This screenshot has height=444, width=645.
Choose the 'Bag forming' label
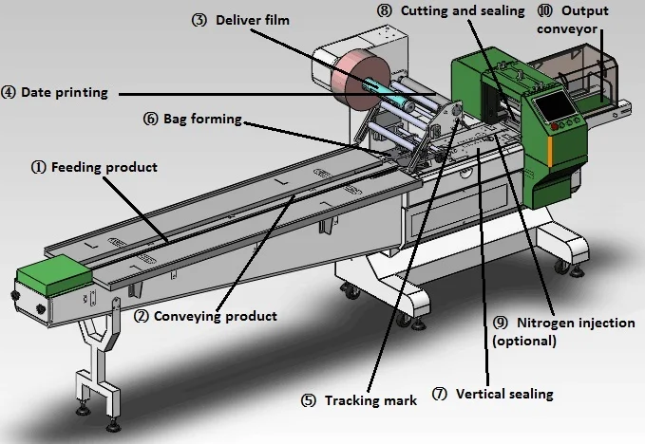click(x=201, y=120)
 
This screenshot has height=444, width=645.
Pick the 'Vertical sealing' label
click(x=503, y=393)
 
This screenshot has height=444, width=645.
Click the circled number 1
click(x=39, y=167)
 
